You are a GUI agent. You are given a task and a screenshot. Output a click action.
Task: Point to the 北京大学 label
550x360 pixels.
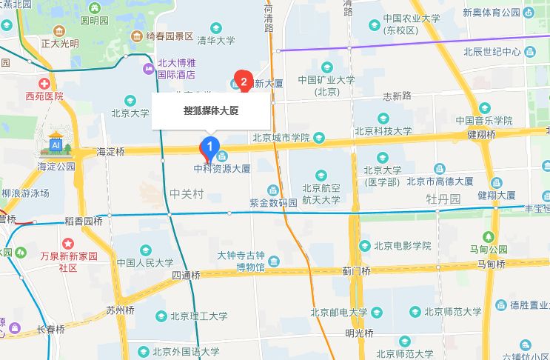tap(130, 113)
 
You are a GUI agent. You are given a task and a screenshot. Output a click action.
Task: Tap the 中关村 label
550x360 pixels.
tap(186, 194)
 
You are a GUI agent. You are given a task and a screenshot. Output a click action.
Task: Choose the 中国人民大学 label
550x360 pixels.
tap(145, 262)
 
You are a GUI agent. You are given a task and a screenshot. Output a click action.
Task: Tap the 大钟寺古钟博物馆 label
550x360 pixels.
tap(241, 261)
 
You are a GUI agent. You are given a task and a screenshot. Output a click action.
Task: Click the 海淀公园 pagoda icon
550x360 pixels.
tap(57, 141)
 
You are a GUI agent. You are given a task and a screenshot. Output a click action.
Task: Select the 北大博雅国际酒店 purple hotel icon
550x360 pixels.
tap(147, 69)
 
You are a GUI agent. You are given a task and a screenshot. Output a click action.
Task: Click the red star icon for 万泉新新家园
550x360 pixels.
tap(68, 243)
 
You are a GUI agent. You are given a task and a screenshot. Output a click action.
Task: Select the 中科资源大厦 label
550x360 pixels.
tap(222, 168)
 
